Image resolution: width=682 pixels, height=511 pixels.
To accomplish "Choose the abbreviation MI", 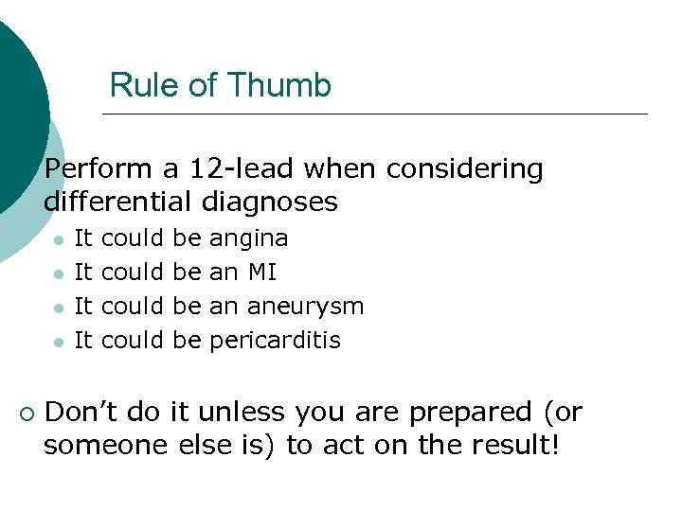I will click(262, 273).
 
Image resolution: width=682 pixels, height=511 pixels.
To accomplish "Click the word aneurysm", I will click(305, 307).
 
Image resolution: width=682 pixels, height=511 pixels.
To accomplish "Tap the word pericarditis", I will click(275, 340).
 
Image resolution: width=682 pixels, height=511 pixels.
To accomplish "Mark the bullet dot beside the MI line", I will click(59, 274).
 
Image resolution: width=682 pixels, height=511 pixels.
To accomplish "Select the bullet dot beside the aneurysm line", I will click(59, 308).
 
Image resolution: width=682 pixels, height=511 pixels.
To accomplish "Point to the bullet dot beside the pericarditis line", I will click(59, 342).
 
